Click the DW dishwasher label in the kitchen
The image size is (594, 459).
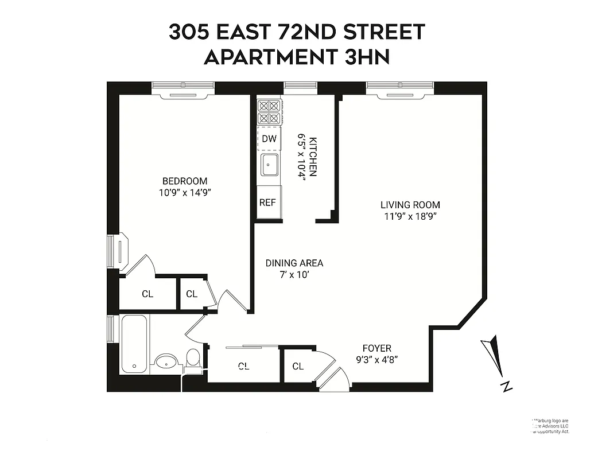[269, 138]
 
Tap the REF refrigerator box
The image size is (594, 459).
[267, 202]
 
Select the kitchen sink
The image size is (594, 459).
[269, 165]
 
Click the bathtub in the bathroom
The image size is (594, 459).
[135, 344]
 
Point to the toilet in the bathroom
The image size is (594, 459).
[193, 359]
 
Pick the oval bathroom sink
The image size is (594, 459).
[167, 362]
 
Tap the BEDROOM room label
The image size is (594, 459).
[184, 181]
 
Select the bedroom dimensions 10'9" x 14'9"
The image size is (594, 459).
[184, 193]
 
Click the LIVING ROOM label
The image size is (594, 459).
[410, 204]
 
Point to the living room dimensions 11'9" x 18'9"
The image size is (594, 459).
[410, 216]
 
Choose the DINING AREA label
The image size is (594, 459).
[294, 263]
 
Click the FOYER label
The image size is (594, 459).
[376, 348]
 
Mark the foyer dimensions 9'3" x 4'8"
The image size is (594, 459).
[376, 360]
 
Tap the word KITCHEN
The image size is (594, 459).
[313, 156]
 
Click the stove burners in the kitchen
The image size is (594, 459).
[269, 112]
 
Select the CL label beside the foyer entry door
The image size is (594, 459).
[298, 366]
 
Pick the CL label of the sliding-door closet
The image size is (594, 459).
[243, 366]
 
